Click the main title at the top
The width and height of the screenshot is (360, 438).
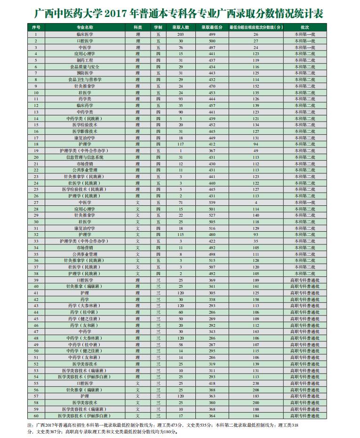pos(179,13)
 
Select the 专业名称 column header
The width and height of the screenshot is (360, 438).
pos(85,28)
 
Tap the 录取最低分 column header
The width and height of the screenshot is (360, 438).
pos(212,28)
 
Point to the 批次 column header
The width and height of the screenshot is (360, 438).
pos(304,28)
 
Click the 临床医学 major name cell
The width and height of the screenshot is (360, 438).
pos(85,34)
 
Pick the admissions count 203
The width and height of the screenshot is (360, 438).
pos(180,34)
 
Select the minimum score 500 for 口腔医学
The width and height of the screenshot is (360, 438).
pos(212,41)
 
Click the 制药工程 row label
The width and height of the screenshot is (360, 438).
pos(85,60)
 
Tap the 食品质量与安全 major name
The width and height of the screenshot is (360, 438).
pos(85,67)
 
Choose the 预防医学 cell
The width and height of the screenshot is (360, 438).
pos(85,73)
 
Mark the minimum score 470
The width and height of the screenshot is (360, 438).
pos(212,86)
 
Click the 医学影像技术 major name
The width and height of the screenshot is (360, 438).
pos(85,131)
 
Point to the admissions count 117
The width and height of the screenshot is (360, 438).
pos(180,144)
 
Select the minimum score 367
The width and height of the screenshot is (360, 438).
pos(212,151)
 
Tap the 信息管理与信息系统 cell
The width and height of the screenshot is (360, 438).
pos(85,157)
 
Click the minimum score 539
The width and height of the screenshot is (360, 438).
pos(212,202)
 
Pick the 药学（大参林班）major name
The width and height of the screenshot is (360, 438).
pos(85,305)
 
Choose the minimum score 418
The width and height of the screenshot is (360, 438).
pos(212,383)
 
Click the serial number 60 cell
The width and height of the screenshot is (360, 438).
pos(35,415)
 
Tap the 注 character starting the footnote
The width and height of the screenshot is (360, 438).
pos(31,425)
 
